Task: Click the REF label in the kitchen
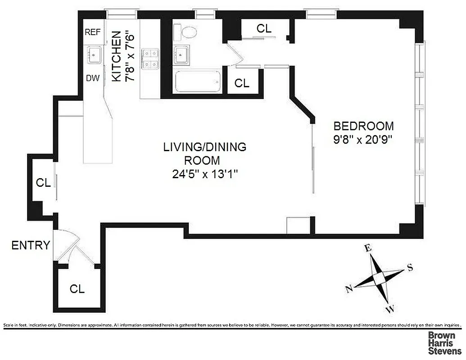pos(93,32)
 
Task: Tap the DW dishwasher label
pos(93,78)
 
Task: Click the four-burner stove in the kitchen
pos(150,59)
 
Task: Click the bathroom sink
pos(182,54)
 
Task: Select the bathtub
pos(197,81)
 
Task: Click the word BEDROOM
pos(363,126)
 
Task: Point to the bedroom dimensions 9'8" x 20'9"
pos(363,139)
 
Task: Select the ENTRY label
pos(30,245)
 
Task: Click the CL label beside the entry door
pos(77,289)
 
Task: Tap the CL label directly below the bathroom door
pos(242,83)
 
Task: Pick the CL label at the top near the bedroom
pos(264,28)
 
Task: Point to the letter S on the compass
pos(410,268)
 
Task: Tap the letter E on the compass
pos(368,248)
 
